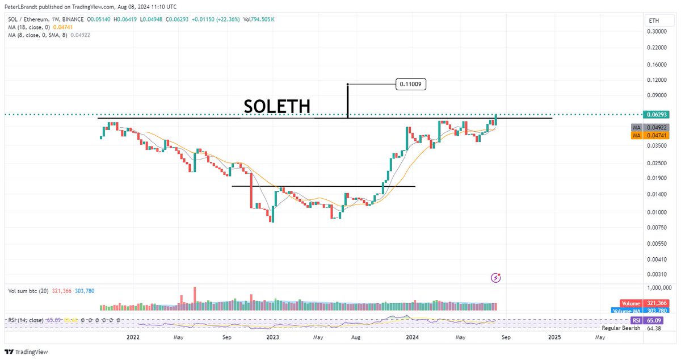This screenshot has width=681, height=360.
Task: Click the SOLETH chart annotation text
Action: click(x=277, y=106)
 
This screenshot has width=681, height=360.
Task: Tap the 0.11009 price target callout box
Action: click(x=411, y=85)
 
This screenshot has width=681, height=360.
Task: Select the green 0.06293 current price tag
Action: click(x=657, y=115)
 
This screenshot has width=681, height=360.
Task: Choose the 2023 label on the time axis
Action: click(x=273, y=337)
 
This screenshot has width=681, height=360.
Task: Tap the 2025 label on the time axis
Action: click(x=554, y=337)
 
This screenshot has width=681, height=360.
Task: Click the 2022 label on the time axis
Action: click(x=133, y=337)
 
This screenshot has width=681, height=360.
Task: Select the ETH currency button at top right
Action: click(x=654, y=20)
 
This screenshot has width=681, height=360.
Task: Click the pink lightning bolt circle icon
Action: click(x=497, y=278)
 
